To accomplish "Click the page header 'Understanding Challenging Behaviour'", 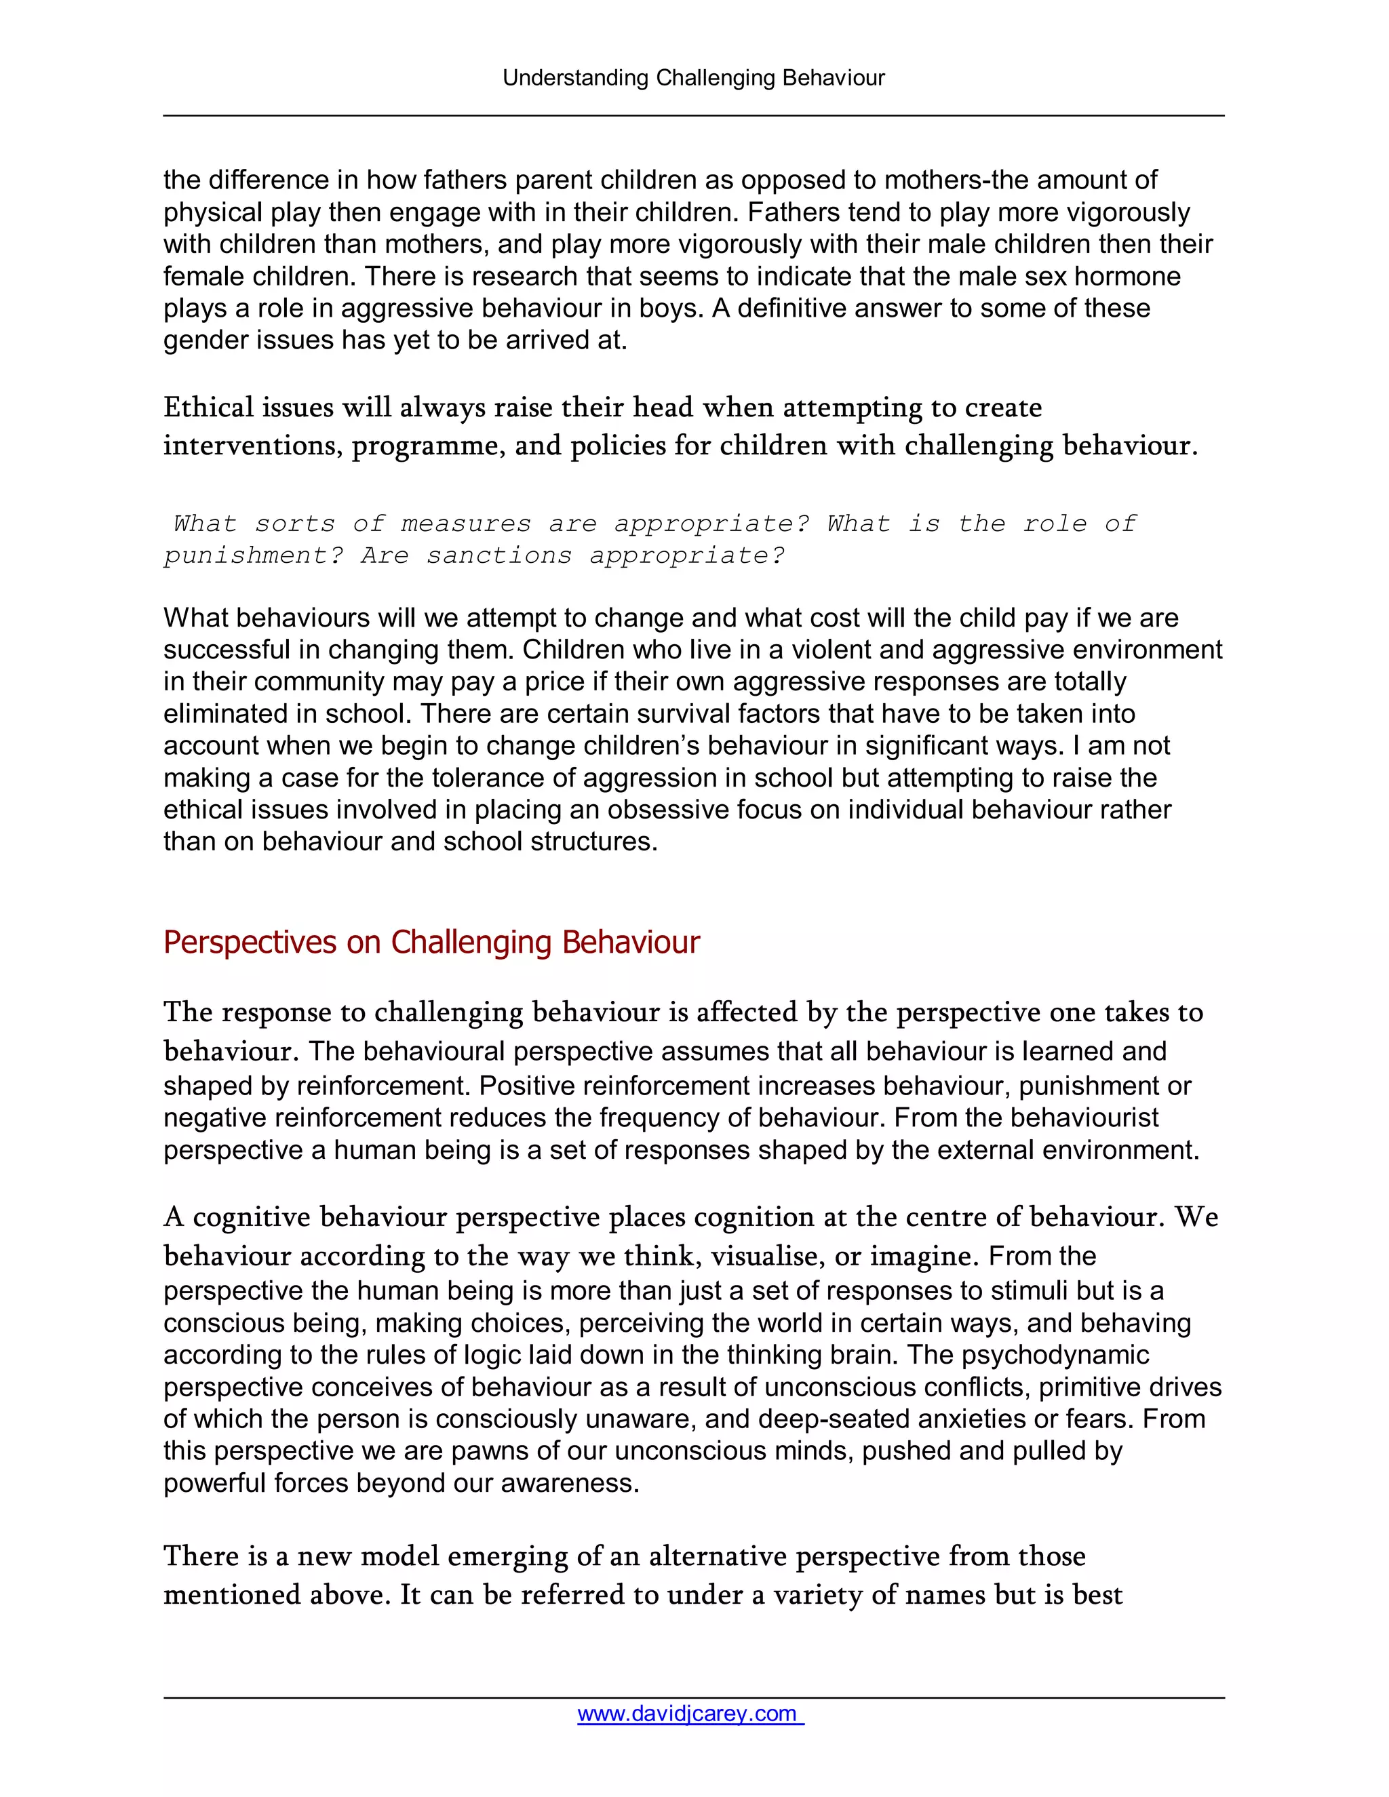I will pos(694,78).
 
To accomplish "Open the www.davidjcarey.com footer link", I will pos(690,1713).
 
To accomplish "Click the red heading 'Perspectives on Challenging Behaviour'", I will pos(431,942).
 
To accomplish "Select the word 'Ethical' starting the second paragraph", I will pos(208,408).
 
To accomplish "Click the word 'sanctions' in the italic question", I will pos(498,556).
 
